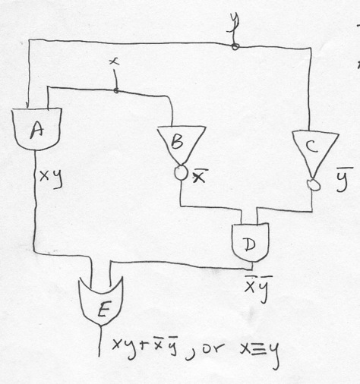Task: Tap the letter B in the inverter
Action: click(177, 141)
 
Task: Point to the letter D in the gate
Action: click(250, 244)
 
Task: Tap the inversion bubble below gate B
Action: click(181, 173)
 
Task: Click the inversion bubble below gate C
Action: click(314, 184)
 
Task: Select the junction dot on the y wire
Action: click(235, 46)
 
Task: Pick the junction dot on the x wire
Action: click(116, 90)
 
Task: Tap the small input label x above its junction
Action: click(115, 61)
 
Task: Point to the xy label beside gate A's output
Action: click(51, 178)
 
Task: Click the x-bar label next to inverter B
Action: click(200, 176)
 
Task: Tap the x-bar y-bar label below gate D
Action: click(258, 288)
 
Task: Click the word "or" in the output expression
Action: click(213, 349)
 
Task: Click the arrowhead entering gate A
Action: click(27, 105)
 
